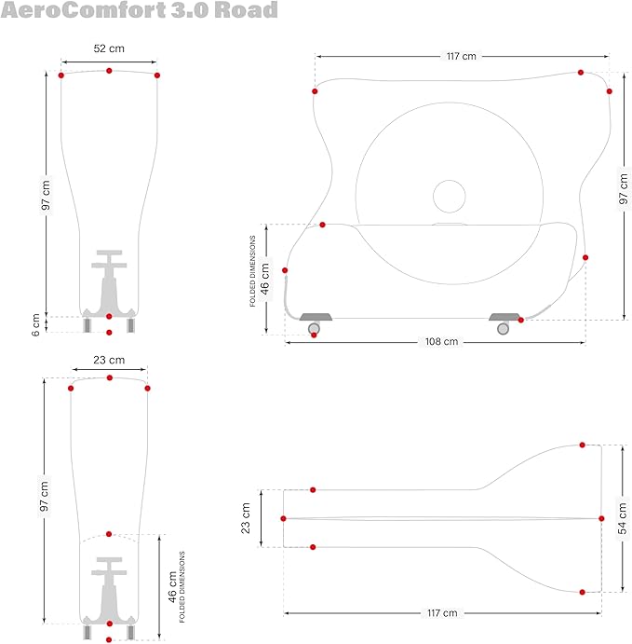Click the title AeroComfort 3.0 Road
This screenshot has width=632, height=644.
coord(140,11)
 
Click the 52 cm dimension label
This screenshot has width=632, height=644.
coord(109,48)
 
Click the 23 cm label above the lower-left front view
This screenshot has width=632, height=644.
coord(109,360)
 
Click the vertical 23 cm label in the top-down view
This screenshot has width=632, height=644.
coord(246,518)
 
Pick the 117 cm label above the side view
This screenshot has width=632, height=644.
coord(461,57)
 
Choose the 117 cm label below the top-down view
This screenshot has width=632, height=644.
coord(442,612)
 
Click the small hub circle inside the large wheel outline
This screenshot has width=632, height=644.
coord(449,197)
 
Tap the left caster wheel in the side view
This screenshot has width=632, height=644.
coord(315,327)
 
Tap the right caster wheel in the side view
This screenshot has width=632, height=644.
coord(503,327)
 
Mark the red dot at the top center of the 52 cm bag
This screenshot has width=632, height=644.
coord(109,71)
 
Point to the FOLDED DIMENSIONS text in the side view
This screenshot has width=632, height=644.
coord(252,271)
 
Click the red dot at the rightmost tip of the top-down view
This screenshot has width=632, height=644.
coord(600,517)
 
